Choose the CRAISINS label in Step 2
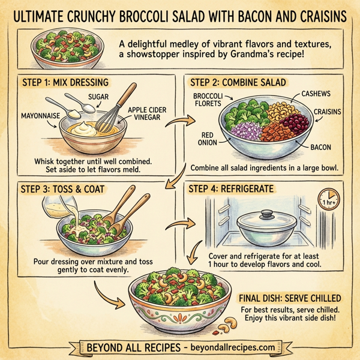323,112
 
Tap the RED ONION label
207,139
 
